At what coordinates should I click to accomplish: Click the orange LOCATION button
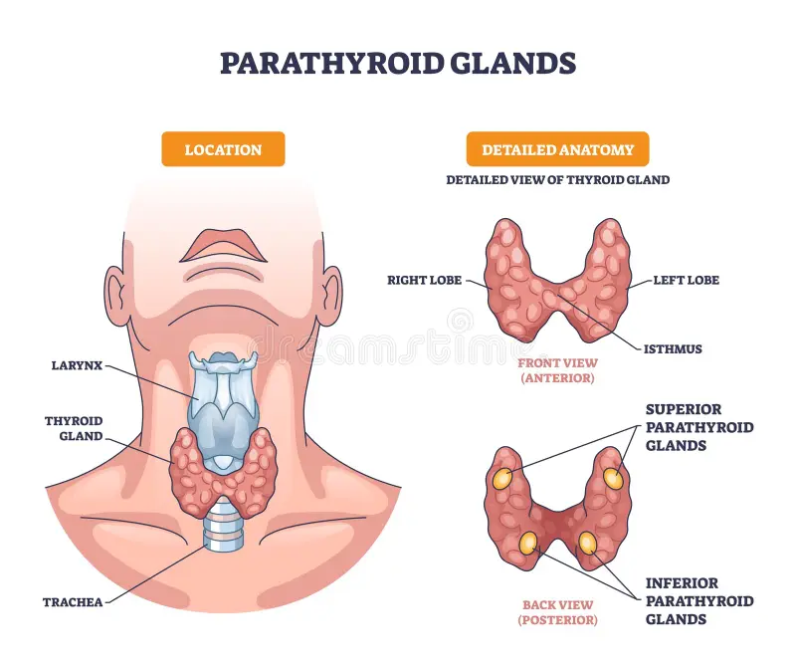point(223,149)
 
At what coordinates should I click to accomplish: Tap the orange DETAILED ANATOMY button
point(557,149)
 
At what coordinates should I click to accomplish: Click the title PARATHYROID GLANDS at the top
point(398,63)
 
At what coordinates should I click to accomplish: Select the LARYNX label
point(77,365)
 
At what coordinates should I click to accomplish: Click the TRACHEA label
point(72,601)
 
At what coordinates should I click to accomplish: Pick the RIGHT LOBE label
point(425,281)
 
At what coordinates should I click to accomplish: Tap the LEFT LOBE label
point(686,281)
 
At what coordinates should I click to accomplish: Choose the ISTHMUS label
point(672,349)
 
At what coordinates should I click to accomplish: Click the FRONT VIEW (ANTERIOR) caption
point(558,371)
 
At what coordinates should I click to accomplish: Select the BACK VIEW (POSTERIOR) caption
point(558,612)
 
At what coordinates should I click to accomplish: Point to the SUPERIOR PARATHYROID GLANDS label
point(698,427)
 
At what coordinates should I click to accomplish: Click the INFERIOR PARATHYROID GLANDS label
point(698,601)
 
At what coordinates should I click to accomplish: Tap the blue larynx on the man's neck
point(224,398)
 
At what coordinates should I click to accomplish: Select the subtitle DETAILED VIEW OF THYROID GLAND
point(557,180)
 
